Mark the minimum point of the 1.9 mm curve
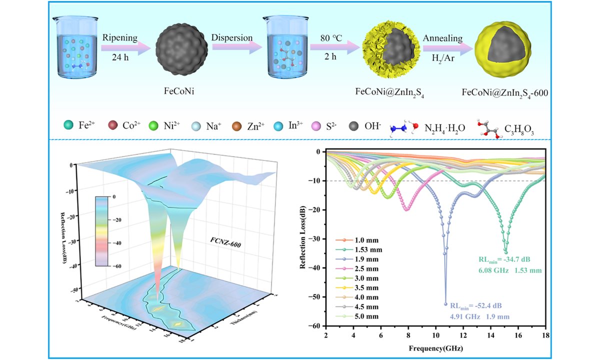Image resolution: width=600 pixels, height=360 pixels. tap(445, 303)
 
